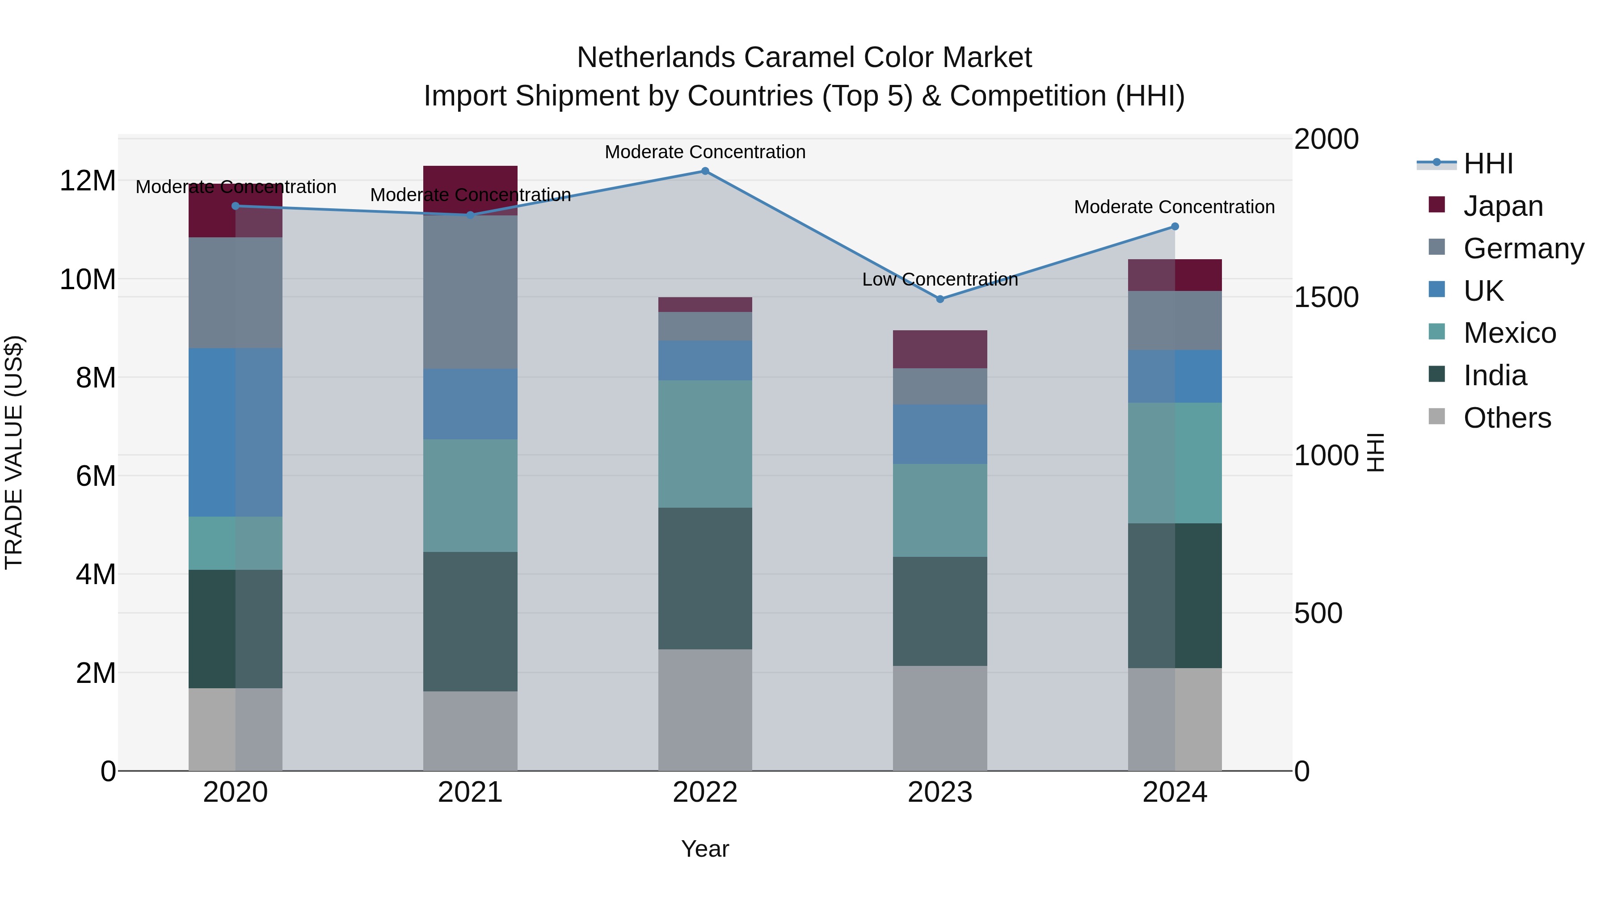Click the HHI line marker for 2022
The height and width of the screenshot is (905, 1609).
click(705, 171)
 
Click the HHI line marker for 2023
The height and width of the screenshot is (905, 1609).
click(940, 299)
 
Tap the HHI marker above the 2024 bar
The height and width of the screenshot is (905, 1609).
click(1175, 227)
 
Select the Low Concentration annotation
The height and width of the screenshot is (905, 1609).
click(940, 280)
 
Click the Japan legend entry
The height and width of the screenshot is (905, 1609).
click(1502, 206)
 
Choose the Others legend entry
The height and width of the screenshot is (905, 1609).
click(1507, 418)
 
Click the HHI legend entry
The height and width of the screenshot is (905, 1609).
click(1488, 164)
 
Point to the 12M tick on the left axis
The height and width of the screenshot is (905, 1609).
click(88, 181)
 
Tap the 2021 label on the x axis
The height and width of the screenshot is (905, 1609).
click(470, 792)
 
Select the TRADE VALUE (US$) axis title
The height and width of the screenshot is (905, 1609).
click(14, 453)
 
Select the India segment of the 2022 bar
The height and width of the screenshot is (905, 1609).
click(705, 578)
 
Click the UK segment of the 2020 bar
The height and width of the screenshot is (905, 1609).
click(236, 432)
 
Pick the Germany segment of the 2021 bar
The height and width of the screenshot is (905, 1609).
click(470, 292)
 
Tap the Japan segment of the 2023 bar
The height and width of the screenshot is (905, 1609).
click(940, 349)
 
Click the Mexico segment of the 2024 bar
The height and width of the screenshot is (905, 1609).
click(1175, 463)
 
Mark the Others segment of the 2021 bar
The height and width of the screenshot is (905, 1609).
click(470, 731)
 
